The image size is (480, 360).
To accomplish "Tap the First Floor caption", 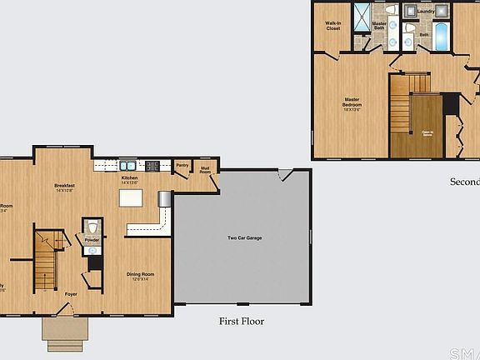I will click(242, 320).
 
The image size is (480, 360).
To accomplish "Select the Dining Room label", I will click(139, 276).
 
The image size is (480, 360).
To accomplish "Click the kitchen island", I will click(131, 197).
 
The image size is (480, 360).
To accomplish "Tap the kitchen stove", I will click(153, 166).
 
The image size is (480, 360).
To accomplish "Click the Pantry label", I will click(182, 166).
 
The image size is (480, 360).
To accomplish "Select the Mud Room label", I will click(203, 170).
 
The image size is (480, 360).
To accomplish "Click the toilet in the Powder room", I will click(92, 227).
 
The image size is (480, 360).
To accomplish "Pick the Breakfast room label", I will click(65, 187).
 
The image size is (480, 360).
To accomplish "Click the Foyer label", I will click(72, 293).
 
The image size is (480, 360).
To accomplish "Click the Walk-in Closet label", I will click(332, 25).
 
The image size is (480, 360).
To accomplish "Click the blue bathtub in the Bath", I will click(441, 35).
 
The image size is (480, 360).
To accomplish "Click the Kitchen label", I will click(130, 179).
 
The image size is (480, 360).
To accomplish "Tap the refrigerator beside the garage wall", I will click(164, 197).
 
